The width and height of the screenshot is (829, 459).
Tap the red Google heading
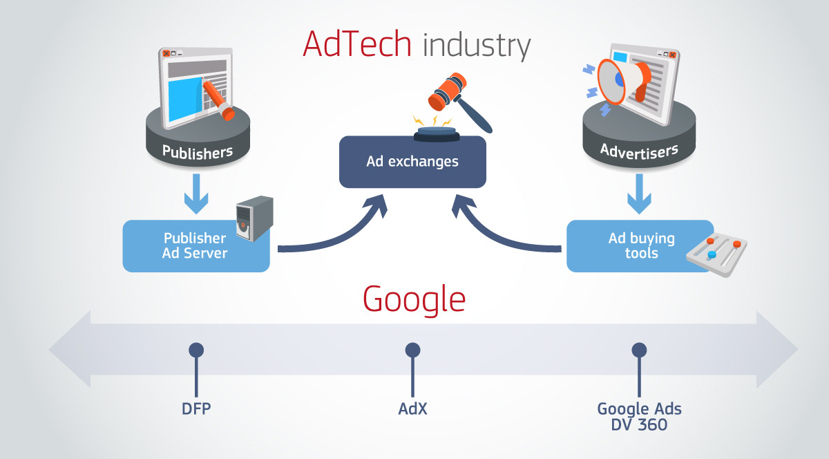point(414,299)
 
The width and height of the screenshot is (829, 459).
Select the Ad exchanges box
point(412,162)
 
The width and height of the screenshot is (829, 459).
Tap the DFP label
point(196,409)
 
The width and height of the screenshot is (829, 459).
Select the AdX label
point(412,409)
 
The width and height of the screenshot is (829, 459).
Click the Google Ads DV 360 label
point(639,416)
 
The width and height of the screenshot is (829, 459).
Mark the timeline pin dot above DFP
point(196,350)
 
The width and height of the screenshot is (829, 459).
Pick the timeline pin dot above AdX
point(412,350)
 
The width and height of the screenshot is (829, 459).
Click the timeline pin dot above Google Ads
point(639,350)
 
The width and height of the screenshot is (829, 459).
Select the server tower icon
point(254,218)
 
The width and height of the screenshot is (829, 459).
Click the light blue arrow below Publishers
point(197,196)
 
